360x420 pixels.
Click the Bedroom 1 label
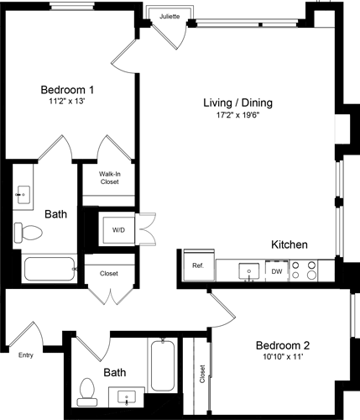67,90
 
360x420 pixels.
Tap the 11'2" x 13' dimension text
67,103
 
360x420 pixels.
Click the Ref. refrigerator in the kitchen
198,266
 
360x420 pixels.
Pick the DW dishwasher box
276,271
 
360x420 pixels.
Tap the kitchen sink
249,270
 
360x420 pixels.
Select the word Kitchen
289,244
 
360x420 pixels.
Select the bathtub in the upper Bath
49,270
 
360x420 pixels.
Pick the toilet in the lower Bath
87,391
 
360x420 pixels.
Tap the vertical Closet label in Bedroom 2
201,374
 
